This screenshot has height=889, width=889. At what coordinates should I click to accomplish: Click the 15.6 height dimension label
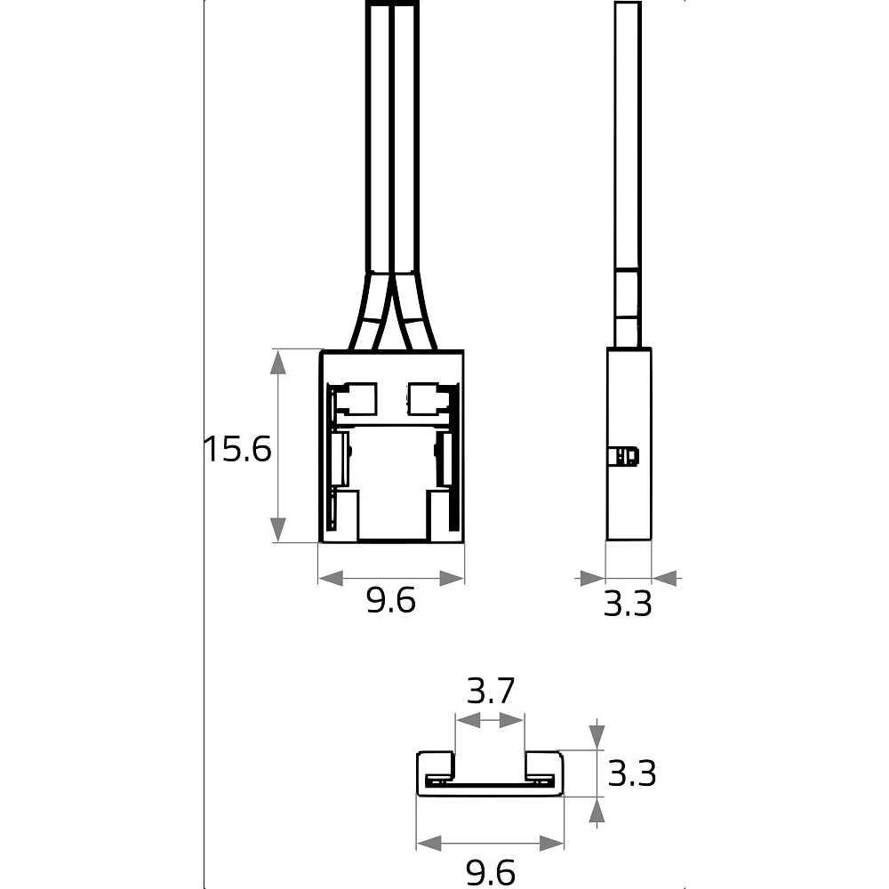237,448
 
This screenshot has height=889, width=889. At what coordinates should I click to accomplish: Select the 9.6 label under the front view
391,600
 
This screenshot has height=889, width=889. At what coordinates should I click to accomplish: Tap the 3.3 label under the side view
628,604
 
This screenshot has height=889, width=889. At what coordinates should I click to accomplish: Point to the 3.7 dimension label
491,691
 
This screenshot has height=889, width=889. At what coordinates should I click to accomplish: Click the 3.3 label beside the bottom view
631,773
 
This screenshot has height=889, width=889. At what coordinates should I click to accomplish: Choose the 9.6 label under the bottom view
491,872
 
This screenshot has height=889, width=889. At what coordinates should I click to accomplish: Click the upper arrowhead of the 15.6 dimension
277,363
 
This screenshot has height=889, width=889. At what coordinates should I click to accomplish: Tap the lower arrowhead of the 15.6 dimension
277,530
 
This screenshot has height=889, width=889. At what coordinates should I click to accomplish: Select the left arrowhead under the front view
331,579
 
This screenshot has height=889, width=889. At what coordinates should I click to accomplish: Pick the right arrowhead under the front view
452,579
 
